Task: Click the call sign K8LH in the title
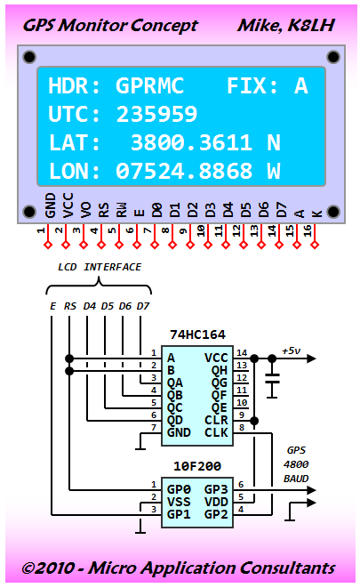tap(311, 26)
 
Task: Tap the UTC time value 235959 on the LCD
tap(156, 114)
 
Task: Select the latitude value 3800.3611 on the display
tap(191, 142)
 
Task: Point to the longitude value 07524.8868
tap(184, 171)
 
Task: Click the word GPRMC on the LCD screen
tap(150, 85)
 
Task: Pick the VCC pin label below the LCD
tap(68, 205)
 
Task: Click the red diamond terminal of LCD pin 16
tap(315, 245)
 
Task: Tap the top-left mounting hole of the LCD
tap(29, 57)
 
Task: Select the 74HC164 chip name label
tap(197, 334)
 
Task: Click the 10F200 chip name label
tap(197, 466)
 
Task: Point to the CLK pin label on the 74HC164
tap(216, 432)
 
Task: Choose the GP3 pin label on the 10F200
tap(216, 489)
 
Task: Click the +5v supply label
tap(291, 351)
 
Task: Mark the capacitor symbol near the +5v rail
tap(272, 379)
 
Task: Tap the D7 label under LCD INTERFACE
tap(143, 306)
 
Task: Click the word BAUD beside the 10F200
tap(296, 479)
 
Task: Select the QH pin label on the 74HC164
tap(220, 370)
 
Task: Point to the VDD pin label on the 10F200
tap(216, 502)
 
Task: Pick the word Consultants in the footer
tap(287, 568)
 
